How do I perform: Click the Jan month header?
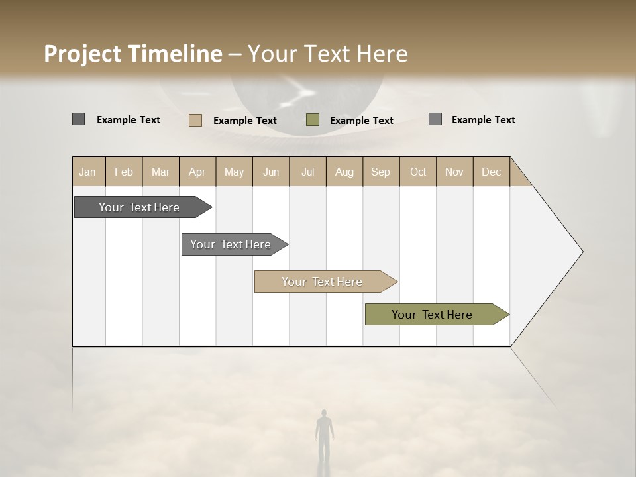pyautogui.click(x=88, y=172)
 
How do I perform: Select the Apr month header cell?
pyautogui.click(x=197, y=172)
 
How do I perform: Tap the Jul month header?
pyautogui.click(x=307, y=172)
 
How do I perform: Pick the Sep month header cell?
pyautogui.click(x=380, y=172)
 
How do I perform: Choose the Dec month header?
pyautogui.click(x=491, y=172)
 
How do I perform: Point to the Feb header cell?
pyautogui.click(x=124, y=172)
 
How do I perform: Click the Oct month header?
pyautogui.click(x=418, y=172)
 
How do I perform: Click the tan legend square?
pyautogui.click(x=195, y=120)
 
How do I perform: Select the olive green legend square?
pyautogui.click(x=313, y=120)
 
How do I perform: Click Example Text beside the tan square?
pyautogui.click(x=245, y=121)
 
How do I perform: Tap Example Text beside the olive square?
pyautogui.click(x=362, y=121)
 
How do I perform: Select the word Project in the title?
pyautogui.click(x=82, y=54)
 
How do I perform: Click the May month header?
pyautogui.click(x=234, y=172)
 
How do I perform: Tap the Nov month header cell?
pyautogui.click(x=454, y=172)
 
